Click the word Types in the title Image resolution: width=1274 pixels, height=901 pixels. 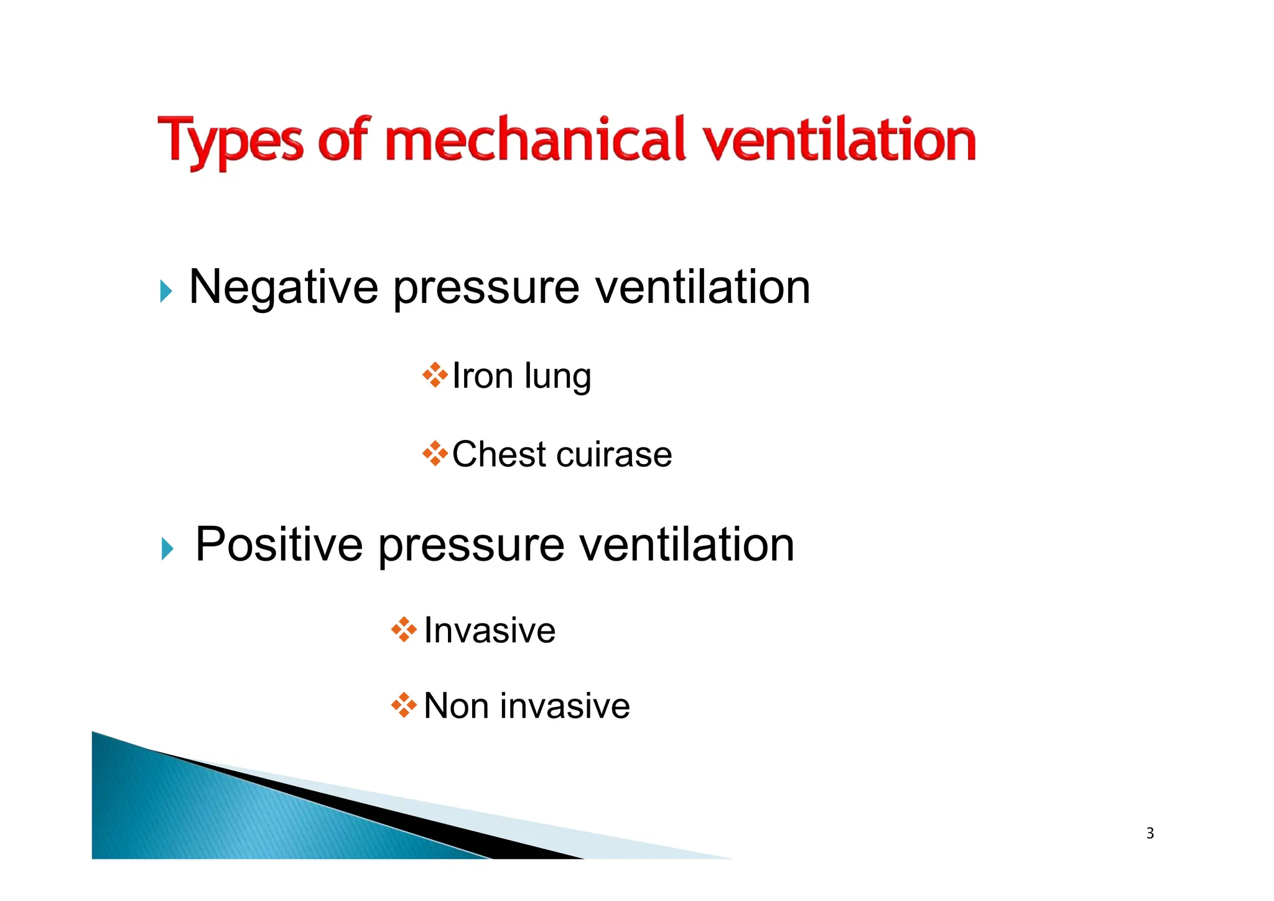pos(230,142)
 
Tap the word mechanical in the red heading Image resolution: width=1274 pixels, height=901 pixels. pos(536,139)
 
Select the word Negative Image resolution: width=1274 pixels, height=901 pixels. pos(283,287)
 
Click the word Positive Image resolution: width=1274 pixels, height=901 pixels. pos(279,545)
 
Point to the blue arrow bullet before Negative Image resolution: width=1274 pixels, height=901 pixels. pos(165,291)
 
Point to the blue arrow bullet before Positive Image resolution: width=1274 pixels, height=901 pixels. pos(167,548)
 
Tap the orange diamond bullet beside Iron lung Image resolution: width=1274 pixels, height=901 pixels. pos(435,375)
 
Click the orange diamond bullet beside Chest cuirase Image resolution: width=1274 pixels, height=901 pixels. pos(435,454)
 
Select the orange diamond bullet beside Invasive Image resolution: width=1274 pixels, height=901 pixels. pos(404,630)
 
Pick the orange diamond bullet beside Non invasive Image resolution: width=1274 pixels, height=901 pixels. pos(404,705)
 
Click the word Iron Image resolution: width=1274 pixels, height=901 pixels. pos(482,376)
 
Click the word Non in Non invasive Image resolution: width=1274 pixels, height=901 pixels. pos(456,706)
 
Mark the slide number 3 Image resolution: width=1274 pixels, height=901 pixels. pos(1150,833)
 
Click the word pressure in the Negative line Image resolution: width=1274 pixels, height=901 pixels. pos(486,289)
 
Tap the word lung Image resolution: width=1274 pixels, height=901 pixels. pos(557,377)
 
